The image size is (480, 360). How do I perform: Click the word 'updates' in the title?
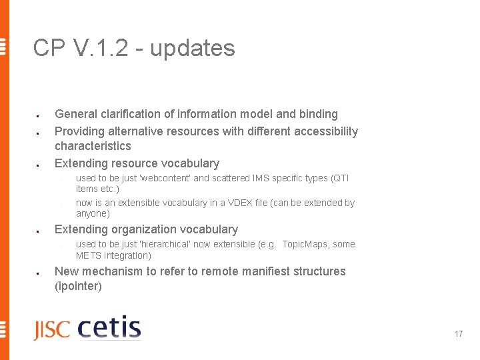coord(192,48)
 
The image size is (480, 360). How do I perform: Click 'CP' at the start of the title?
coord(48,48)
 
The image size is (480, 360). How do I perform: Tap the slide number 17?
coord(459,333)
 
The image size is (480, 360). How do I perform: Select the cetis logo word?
coord(109,329)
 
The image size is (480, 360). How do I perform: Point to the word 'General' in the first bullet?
coord(76,114)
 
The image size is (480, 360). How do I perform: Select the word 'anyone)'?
coord(93,213)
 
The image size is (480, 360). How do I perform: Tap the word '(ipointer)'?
coord(78,287)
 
